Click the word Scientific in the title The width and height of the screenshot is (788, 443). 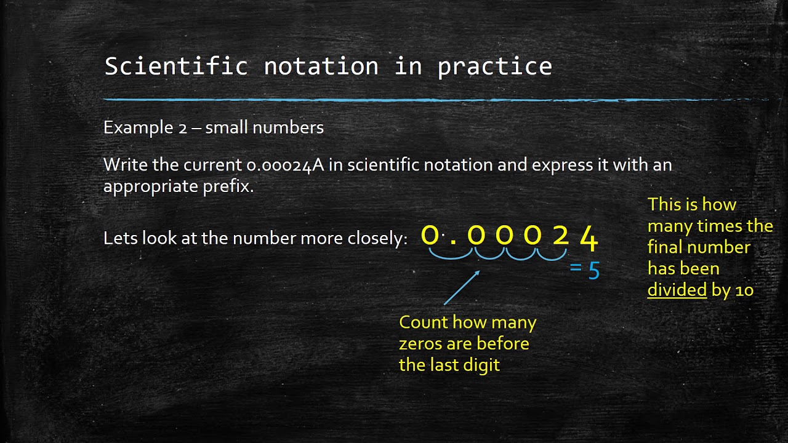tap(175, 66)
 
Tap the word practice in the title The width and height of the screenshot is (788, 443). tap(494, 66)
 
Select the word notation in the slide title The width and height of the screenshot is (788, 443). tap(321, 66)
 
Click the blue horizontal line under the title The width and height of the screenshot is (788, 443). tap(431, 99)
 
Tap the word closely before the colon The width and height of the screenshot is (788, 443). tap(373, 239)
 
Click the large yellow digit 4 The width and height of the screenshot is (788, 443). tap(589, 239)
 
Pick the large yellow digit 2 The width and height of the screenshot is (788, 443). tap(560, 236)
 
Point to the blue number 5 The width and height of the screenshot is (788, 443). tap(593, 271)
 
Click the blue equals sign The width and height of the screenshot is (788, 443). tap(576, 268)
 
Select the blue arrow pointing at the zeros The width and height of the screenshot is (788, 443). tap(461, 287)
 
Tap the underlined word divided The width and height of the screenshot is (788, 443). tap(677, 290)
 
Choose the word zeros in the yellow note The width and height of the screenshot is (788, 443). tap(420, 343)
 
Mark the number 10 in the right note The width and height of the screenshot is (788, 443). tap(744, 290)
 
